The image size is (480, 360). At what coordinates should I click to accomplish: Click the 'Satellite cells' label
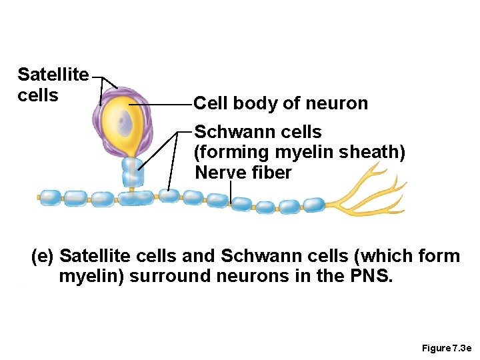pyautogui.click(x=52, y=85)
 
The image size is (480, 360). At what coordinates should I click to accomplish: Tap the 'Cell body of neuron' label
pyautogui.click(x=280, y=103)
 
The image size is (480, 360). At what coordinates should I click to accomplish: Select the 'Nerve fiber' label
pyautogui.click(x=243, y=173)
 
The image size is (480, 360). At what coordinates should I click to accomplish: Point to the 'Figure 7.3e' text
pyautogui.click(x=446, y=349)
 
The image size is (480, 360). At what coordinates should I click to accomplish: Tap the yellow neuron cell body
pyautogui.click(x=131, y=133)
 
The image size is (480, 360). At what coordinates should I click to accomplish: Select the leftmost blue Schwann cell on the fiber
pyautogui.click(x=49, y=197)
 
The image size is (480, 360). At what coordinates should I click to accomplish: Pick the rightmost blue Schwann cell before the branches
pyautogui.click(x=313, y=205)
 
